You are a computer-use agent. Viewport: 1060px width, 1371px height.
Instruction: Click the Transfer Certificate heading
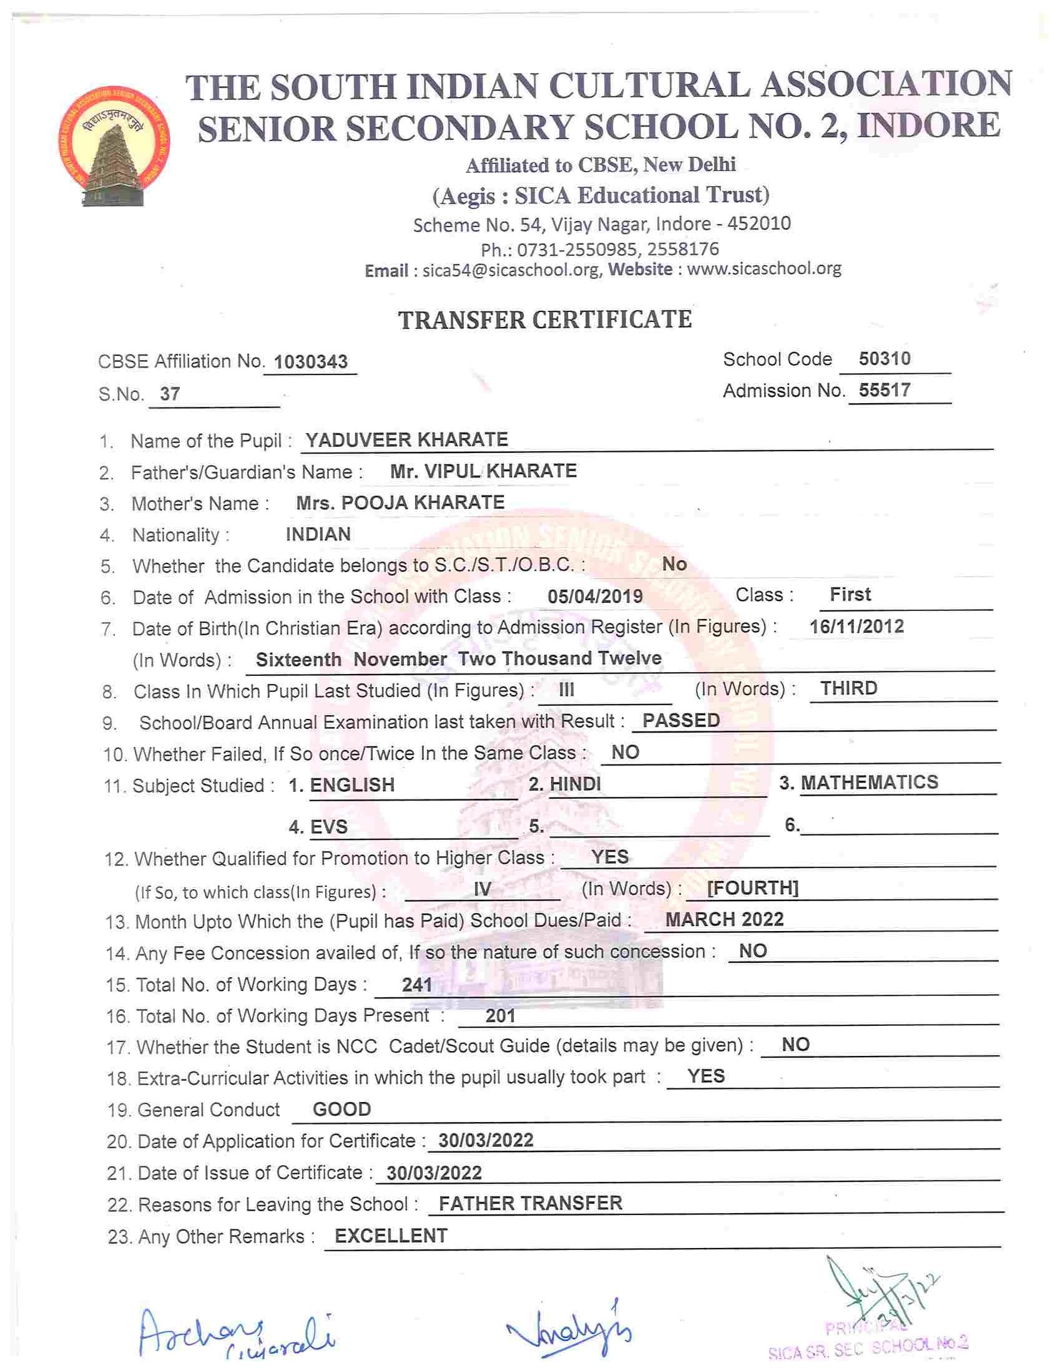click(x=544, y=320)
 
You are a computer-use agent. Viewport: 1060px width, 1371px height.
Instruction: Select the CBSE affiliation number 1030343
click(x=311, y=361)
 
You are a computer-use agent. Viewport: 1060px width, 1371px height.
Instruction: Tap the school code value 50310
click(x=884, y=358)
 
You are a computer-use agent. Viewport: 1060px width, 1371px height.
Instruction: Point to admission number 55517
click(x=884, y=390)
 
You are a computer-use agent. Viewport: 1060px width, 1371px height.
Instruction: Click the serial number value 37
click(x=170, y=394)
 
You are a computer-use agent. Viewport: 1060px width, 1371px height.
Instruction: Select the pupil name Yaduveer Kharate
click(x=406, y=439)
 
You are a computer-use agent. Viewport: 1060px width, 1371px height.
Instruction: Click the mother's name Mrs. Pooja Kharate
click(x=400, y=502)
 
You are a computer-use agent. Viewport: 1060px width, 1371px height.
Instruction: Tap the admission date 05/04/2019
click(x=595, y=596)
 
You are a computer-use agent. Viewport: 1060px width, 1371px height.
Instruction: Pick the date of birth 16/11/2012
click(x=856, y=626)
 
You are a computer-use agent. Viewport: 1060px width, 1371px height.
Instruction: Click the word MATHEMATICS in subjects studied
click(x=869, y=782)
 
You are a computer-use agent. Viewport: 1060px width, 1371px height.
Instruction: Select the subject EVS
click(x=328, y=827)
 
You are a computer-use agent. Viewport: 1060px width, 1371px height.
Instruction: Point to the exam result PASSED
click(x=680, y=720)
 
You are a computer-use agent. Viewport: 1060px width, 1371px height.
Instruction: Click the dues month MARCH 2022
click(x=724, y=920)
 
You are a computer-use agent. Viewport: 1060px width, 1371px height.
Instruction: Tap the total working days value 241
click(x=416, y=984)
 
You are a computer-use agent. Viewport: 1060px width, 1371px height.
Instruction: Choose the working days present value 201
click(x=500, y=1016)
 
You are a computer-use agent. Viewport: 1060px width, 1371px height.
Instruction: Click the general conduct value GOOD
click(x=341, y=1110)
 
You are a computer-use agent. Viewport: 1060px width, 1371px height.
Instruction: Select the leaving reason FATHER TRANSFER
click(x=530, y=1203)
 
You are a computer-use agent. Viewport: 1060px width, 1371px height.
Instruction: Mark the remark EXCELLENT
click(x=391, y=1236)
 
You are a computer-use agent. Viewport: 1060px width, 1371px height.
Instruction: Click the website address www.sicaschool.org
click(x=763, y=269)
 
